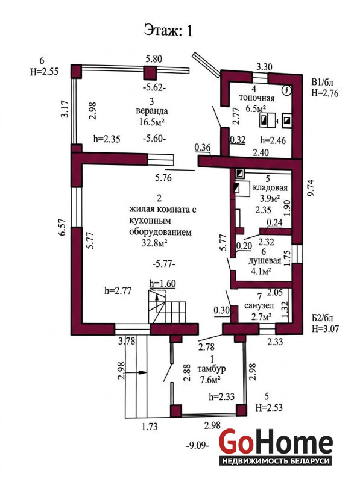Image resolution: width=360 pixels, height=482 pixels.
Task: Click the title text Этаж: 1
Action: [168, 31]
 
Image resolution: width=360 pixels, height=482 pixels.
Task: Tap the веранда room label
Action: [152, 111]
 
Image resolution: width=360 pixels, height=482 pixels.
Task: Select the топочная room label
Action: [257, 98]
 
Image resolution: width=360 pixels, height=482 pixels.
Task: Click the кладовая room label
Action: [270, 187]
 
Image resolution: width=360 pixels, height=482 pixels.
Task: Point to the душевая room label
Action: [265, 261]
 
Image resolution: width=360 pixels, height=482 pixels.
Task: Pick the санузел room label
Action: [259, 306]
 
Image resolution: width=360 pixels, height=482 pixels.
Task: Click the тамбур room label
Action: [212, 369]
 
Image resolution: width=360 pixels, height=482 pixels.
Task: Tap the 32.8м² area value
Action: [154, 243]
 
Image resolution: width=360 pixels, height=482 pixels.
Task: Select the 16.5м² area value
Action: [152, 122]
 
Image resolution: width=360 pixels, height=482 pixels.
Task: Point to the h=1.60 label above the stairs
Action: [162, 283]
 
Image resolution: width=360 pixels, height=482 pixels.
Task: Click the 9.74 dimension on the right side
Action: [311, 188]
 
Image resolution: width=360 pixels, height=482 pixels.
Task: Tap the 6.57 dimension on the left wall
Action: [63, 227]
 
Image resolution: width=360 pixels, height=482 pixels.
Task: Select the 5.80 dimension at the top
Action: [154, 58]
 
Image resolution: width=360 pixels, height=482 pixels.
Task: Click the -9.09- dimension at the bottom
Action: [198, 445]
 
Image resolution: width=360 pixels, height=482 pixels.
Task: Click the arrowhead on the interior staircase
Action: [157, 296]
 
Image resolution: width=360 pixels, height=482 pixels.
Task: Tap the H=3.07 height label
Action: [325, 328]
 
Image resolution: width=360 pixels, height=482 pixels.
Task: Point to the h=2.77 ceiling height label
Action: [118, 290]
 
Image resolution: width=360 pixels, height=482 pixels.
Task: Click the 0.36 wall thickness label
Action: [203, 148]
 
